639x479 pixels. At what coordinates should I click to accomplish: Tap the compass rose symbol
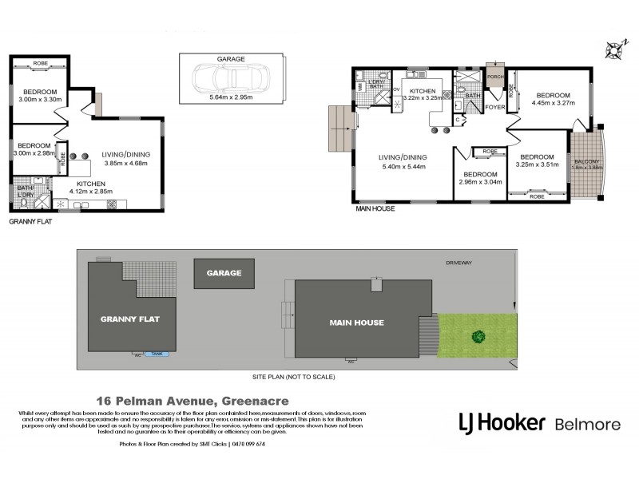614,49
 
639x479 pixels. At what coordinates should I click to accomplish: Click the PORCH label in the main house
496,77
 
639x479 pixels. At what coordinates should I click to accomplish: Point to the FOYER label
495,106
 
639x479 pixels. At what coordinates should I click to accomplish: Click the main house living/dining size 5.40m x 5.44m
403,167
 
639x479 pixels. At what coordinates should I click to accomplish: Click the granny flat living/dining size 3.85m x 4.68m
126,164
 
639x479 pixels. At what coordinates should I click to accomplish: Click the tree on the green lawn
478,337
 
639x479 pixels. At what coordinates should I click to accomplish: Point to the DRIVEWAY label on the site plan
460,261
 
